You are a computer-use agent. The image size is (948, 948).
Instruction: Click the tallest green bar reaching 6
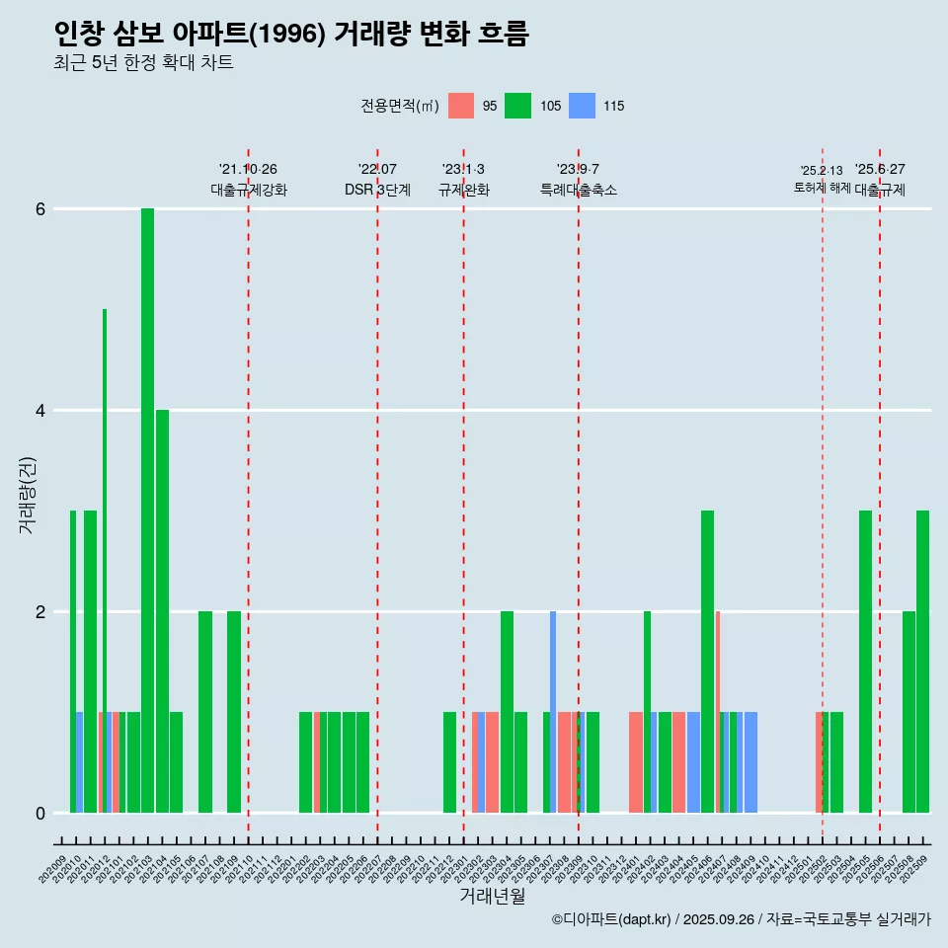click(147, 509)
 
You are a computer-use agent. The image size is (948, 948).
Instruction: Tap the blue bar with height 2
click(553, 711)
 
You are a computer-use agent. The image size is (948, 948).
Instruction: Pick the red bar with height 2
click(718, 711)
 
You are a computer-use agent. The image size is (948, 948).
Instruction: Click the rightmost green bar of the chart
click(922, 662)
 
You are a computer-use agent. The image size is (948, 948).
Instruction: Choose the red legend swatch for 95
click(461, 106)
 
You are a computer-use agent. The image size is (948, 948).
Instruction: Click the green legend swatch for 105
click(517, 106)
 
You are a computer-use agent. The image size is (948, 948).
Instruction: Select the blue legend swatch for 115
click(582, 106)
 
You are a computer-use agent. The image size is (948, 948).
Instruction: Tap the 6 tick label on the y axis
click(40, 209)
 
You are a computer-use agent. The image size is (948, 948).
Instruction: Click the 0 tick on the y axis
click(40, 813)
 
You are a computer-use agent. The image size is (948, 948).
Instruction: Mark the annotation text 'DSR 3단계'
click(377, 190)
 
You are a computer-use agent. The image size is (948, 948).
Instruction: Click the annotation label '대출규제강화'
click(249, 190)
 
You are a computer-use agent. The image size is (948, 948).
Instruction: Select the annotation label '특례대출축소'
click(579, 190)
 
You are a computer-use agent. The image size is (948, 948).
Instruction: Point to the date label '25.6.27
click(880, 170)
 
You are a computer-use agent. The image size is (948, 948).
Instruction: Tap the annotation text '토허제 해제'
click(822, 188)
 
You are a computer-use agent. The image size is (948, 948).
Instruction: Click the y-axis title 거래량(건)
click(27, 494)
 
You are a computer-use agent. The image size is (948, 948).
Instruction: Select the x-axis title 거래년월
click(492, 896)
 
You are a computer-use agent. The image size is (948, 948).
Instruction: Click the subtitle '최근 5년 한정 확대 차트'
click(144, 63)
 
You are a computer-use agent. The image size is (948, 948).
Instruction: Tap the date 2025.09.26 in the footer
click(718, 919)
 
